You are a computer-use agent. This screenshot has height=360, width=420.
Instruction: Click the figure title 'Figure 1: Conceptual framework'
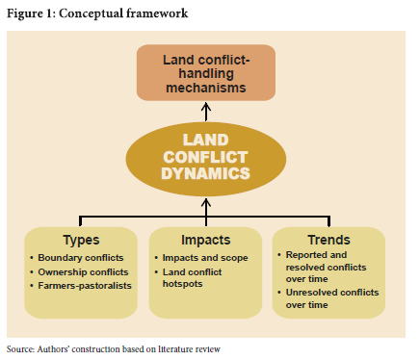pyautogui.click(x=97, y=13)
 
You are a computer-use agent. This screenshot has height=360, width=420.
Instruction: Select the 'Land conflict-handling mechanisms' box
pyautogui.click(x=206, y=73)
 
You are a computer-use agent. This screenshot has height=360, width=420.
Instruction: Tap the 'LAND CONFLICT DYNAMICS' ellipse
pyautogui.click(x=206, y=159)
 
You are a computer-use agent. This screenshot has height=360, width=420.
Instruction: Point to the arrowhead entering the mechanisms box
pyautogui.click(x=206, y=106)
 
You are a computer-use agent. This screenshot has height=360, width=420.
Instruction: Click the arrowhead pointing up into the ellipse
pyautogui.click(x=206, y=202)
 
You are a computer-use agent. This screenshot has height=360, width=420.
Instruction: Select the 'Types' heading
pyautogui.click(x=81, y=240)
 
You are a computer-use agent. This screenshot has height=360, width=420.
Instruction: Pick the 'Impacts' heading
pyautogui.click(x=206, y=240)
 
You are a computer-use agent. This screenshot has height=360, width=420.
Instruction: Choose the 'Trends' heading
pyautogui.click(x=328, y=240)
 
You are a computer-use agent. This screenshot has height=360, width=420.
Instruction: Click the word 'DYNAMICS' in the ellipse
pyautogui.click(x=206, y=173)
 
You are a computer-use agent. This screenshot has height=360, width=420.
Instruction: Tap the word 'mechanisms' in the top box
pyautogui.click(x=206, y=88)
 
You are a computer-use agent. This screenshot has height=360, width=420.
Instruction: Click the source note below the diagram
pyautogui.click(x=114, y=349)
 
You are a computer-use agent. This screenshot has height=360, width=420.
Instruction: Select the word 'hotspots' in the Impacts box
pyautogui.click(x=182, y=284)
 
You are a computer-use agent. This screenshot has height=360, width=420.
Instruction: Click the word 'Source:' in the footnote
pyautogui.click(x=20, y=349)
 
